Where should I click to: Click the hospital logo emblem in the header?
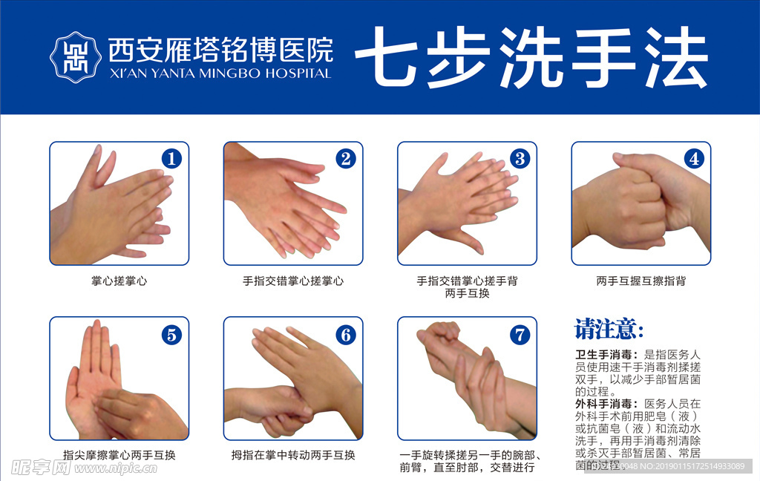pos(74,57)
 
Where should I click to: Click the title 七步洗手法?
pos(531,58)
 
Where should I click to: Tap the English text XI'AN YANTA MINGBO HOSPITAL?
pos(220,73)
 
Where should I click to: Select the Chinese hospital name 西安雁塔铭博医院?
pos(220,50)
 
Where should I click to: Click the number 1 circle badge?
pos(171,159)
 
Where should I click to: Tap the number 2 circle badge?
pos(345,159)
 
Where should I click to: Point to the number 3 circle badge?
pos(520,159)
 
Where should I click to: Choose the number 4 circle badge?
pos(693,159)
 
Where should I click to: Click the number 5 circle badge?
pos(171,335)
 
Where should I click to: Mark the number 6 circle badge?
pos(345,335)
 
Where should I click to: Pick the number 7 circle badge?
pos(520,335)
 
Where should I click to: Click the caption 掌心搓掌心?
pos(119,281)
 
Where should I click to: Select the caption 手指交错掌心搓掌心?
pos(293,281)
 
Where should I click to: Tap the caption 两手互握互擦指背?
pos(641,281)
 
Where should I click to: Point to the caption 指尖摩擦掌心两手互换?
pos(119,455)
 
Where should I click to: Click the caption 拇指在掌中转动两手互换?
pos(293,455)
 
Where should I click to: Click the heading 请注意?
pos(609,329)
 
